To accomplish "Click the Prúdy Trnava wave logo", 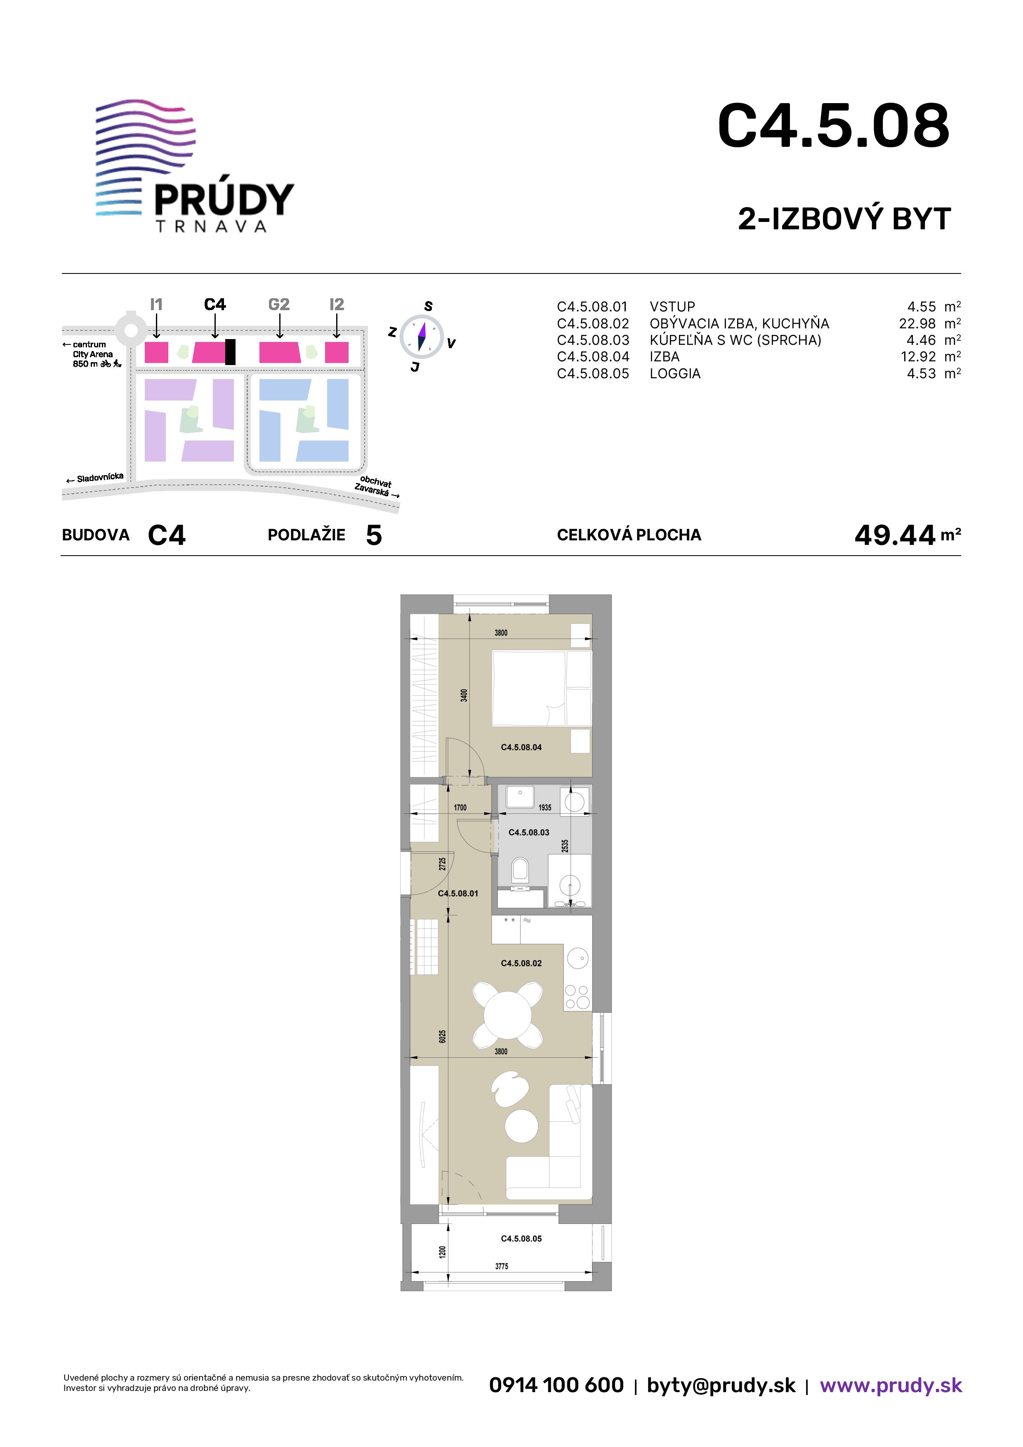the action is click(195, 166).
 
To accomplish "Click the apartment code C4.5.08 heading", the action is click(833, 127).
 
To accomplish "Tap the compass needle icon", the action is click(422, 337).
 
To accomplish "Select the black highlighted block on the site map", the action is click(230, 352).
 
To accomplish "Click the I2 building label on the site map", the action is click(337, 304).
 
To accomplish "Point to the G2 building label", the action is click(278, 304).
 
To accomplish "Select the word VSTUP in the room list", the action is click(672, 307).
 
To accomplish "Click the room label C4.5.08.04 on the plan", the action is click(521, 747).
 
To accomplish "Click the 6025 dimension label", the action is click(443, 1036).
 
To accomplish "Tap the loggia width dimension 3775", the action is click(502, 1266).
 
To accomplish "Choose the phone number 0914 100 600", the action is click(556, 1385).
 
